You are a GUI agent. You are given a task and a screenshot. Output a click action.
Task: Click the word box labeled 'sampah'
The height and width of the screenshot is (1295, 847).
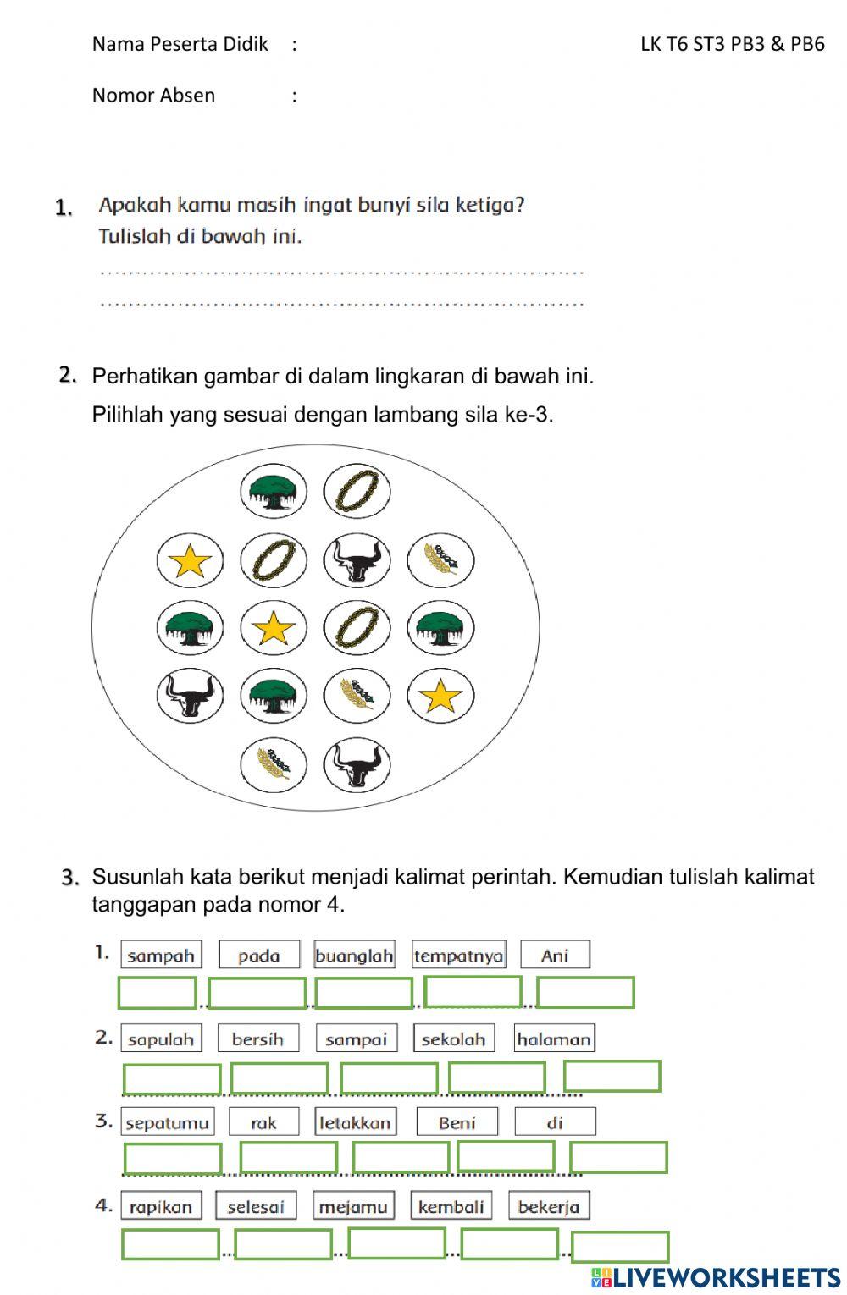tap(161, 955)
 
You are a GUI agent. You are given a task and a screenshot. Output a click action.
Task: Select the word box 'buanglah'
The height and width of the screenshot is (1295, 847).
tap(354, 955)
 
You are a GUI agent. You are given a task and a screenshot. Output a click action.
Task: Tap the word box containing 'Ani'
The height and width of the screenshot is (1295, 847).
tap(555, 955)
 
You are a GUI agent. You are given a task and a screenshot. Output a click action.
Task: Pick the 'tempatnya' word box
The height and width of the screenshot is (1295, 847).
tap(458, 955)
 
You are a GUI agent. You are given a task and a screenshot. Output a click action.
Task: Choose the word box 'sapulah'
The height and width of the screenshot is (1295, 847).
tap(161, 1039)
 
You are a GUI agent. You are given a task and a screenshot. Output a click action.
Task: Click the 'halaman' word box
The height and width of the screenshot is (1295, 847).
tap(554, 1039)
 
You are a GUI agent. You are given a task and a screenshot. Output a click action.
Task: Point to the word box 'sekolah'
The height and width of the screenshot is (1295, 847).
tap(453, 1039)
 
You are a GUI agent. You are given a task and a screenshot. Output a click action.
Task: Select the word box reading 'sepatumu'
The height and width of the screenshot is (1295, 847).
tap(167, 1122)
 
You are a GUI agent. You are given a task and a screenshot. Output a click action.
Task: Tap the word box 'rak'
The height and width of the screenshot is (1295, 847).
tap(263, 1122)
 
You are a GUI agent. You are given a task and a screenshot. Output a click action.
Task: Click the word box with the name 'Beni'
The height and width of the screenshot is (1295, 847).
tap(457, 1122)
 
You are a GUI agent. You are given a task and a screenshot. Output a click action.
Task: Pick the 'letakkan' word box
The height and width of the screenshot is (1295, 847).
tap(355, 1122)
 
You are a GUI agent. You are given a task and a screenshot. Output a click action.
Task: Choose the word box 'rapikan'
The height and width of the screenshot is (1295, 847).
tap(161, 1206)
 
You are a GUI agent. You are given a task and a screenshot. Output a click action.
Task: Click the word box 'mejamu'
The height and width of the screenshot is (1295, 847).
tap(353, 1206)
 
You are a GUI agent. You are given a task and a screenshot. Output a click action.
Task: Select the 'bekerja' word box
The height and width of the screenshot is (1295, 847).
tap(549, 1206)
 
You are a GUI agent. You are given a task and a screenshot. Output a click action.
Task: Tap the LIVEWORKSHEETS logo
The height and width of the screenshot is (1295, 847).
tap(716, 1277)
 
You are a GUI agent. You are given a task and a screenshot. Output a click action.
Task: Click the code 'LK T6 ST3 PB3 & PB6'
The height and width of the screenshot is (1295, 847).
tap(733, 44)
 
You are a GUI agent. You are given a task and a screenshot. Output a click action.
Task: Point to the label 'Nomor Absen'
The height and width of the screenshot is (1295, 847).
tap(153, 95)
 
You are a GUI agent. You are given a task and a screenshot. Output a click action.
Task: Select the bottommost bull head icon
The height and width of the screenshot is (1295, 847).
tap(357, 764)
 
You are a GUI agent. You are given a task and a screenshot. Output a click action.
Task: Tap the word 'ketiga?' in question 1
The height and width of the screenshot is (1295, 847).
tap(490, 205)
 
